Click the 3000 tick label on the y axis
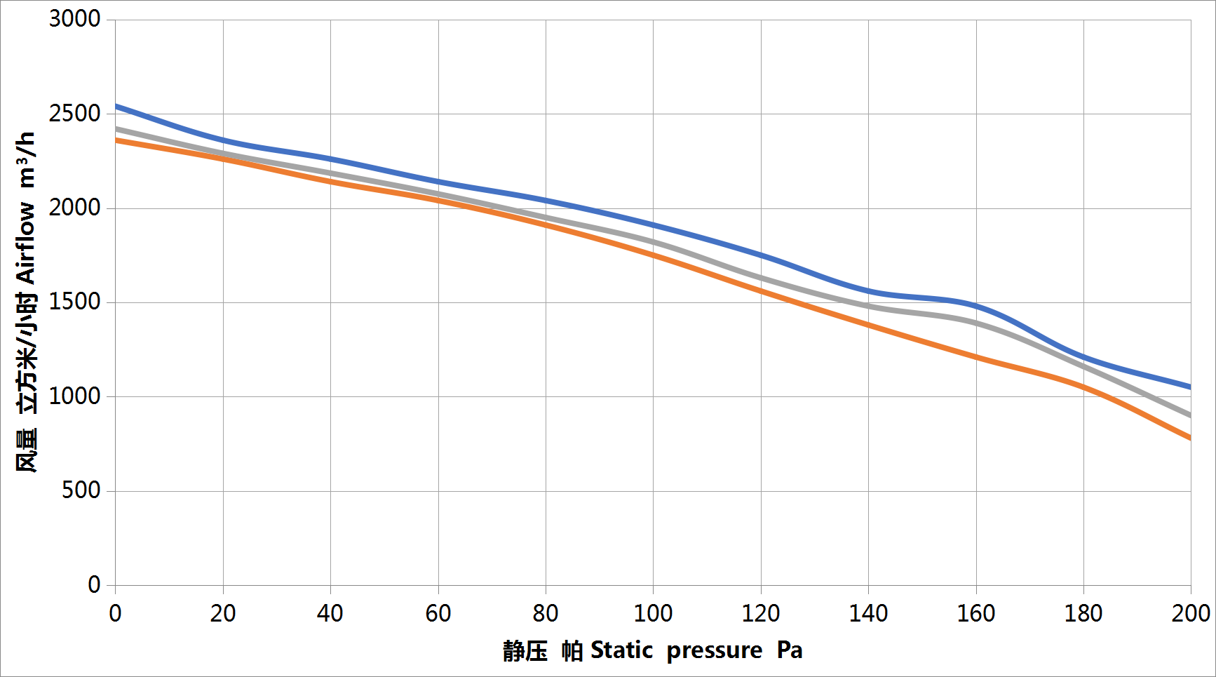pyautogui.click(x=74, y=19)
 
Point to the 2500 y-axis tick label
pyautogui.click(x=74, y=114)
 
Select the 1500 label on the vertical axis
pyautogui.click(x=74, y=302)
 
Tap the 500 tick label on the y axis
pyautogui.click(x=81, y=490)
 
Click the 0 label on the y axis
pyautogui.click(x=94, y=584)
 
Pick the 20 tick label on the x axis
pyautogui.click(x=223, y=614)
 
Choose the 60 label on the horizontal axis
pyautogui.click(x=438, y=614)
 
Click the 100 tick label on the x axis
pyautogui.click(x=653, y=614)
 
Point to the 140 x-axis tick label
pyautogui.click(x=868, y=614)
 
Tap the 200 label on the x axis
pyautogui.click(x=1190, y=614)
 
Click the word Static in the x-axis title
pyautogui.click(x=621, y=650)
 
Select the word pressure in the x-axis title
pyautogui.click(x=714, y=651)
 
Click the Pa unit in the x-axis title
pyautogui.click(x=790, y=650)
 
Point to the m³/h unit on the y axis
pyautogui.click(x=26, y=160)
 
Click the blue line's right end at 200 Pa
pyautogui.click(x=1189, y=387)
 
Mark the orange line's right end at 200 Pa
pyautogui.click(x=1189, y=438)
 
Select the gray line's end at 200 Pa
pyautogui.click(x=1189, y=415)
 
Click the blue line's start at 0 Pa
pyautogui.click(x=116, y=107)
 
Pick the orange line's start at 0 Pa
pyautogui.click(x=116, y=140)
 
